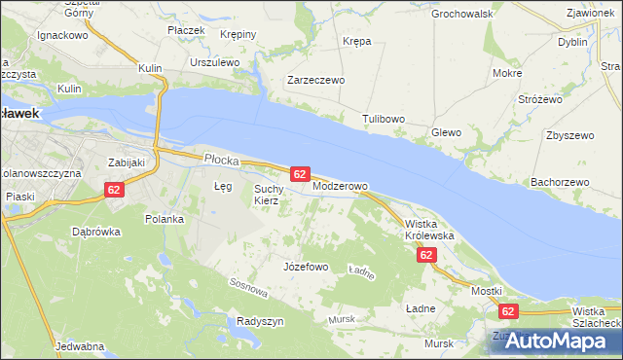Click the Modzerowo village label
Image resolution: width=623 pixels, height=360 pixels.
point(340,185)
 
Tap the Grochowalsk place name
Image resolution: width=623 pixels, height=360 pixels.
point(462,15)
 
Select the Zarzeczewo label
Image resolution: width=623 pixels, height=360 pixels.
point(315,81)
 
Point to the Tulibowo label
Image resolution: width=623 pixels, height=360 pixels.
point(384,119)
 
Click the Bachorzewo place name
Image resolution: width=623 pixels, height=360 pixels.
point(560,182)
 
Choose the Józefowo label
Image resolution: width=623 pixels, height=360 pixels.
point(305,266)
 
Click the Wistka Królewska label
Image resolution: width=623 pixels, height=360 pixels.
point(429,230)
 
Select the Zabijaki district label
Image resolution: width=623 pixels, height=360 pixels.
point(126,162)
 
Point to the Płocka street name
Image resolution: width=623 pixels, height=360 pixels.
point(222,158)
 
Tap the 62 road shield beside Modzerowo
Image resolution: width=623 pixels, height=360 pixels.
point(300,174)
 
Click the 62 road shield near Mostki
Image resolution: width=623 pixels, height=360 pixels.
point(507,311)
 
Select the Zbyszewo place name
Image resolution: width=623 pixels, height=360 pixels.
point(570,135)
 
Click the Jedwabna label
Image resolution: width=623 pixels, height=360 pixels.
point(80,346)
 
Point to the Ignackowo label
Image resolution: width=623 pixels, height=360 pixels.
point(62,34)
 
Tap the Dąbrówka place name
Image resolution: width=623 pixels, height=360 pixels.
point(95,232)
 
